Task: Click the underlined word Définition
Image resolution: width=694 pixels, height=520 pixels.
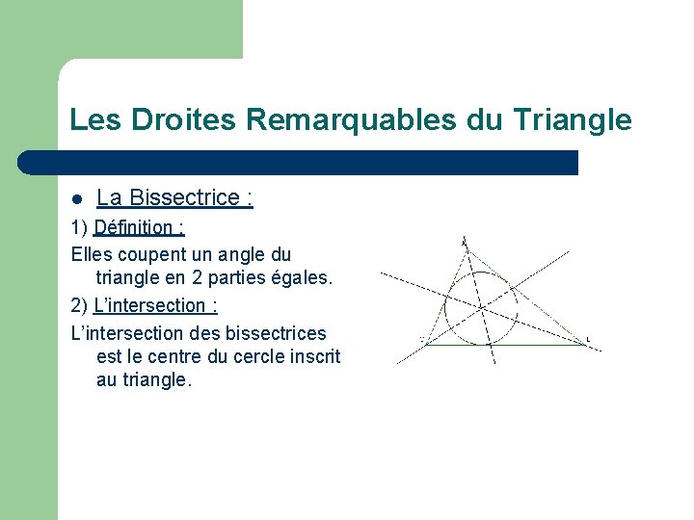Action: pos(140,228)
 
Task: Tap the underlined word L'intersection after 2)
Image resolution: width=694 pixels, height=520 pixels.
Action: pos(155,305)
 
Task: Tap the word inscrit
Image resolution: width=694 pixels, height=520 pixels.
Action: pos(313,356)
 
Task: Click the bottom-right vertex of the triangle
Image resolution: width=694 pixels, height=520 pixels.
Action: pos(585,344)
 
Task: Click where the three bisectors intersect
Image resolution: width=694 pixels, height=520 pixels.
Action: pos(481,307)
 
